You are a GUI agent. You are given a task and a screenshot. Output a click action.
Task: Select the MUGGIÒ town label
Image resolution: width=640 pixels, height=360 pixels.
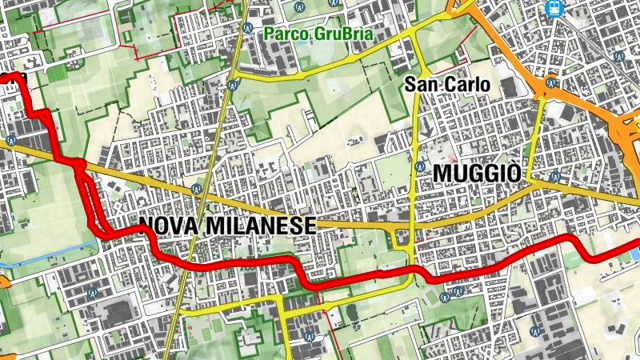coord(477,174)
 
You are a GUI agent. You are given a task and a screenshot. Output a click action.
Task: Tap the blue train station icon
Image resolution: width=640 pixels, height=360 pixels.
coord(552,8)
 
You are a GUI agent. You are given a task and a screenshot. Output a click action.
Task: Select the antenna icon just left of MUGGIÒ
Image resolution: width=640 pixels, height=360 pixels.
coord(419,166)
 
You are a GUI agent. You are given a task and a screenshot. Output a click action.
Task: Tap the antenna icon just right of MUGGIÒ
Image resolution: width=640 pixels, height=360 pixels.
coord(554,175)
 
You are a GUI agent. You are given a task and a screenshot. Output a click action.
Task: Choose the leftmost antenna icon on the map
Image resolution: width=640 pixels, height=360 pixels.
coord(12,137)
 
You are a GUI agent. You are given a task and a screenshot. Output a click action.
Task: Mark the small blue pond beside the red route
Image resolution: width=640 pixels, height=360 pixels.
coord(634,254)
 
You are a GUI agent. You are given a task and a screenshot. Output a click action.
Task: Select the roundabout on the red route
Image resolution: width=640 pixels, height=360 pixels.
coord(79,166)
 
